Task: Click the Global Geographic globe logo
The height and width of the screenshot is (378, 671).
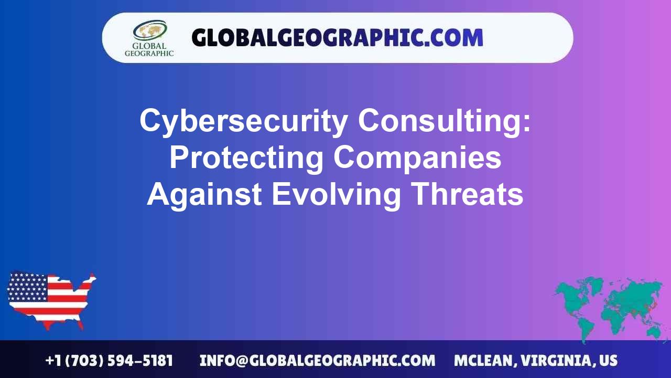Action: pyautogui.click(x=149, y=30)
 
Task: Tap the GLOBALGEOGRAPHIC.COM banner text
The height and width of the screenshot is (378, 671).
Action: pyautogui.click(x=337, y=38)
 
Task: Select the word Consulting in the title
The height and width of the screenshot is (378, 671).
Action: pyautogui.click(x=445, y=121)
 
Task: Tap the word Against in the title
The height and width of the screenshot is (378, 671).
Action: pyautogui.click(x=204, y=194)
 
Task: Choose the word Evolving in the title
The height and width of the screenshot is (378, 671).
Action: pyautogui.click(x=336, y=194)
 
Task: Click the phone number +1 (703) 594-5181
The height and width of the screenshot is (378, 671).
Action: pyautogui.click(x=109, y=361)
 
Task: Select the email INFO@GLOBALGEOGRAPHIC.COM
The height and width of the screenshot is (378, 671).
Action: pyautogui.click(x=317, y=361)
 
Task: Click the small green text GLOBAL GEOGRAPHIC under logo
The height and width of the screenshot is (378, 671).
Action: pyautogui.click(x=149, y=49)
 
